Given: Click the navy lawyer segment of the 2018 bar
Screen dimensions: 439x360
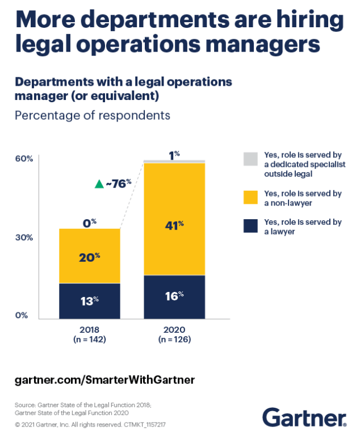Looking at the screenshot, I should [89, 301].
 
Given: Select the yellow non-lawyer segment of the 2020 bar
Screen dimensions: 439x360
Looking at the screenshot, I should [174, 219].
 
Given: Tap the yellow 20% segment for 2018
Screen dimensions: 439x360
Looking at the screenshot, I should [89, 256].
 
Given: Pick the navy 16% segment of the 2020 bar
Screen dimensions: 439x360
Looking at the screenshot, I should [174, 297].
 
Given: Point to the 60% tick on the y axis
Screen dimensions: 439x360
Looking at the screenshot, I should [24, 158].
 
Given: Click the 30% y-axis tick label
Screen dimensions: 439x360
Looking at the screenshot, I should [24, 237].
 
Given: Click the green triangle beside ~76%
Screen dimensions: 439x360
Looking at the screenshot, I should [99, 184].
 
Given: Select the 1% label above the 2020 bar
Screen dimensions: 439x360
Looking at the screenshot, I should [174, 154].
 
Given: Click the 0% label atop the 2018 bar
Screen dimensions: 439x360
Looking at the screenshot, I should [89, 223].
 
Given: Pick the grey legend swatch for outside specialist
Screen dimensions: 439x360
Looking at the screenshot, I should [250, 159].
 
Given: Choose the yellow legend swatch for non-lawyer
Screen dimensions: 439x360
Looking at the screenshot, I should [250, 197].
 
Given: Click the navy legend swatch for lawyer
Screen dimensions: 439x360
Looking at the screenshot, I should [250, 226].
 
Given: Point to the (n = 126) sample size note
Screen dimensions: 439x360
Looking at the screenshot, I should [174, 340].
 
